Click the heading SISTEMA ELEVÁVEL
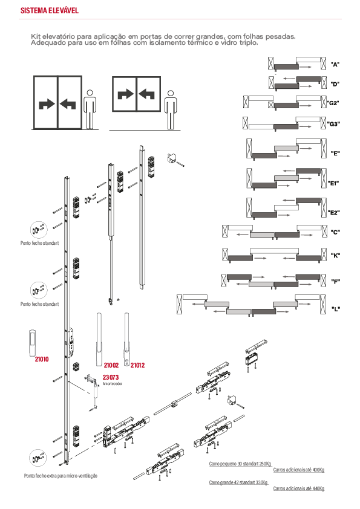[50, 10]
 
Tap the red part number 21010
[42, 359]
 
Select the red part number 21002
[111, 365]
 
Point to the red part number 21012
[137, 365]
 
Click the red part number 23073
[111, 377]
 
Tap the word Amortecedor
[113, 384]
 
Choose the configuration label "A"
[335, 64]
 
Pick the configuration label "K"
[335, 256]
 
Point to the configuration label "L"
[336, 309]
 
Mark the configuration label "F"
[335, 282]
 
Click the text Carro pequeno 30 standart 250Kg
[240, 464]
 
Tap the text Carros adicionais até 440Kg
[299, 488]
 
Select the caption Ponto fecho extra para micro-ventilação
[61, 476]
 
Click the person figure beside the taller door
[90, 109]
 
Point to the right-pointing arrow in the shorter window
[126, 94]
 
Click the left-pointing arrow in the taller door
[68, 104]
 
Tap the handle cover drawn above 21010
[32, 342]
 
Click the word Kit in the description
[36, 36]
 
